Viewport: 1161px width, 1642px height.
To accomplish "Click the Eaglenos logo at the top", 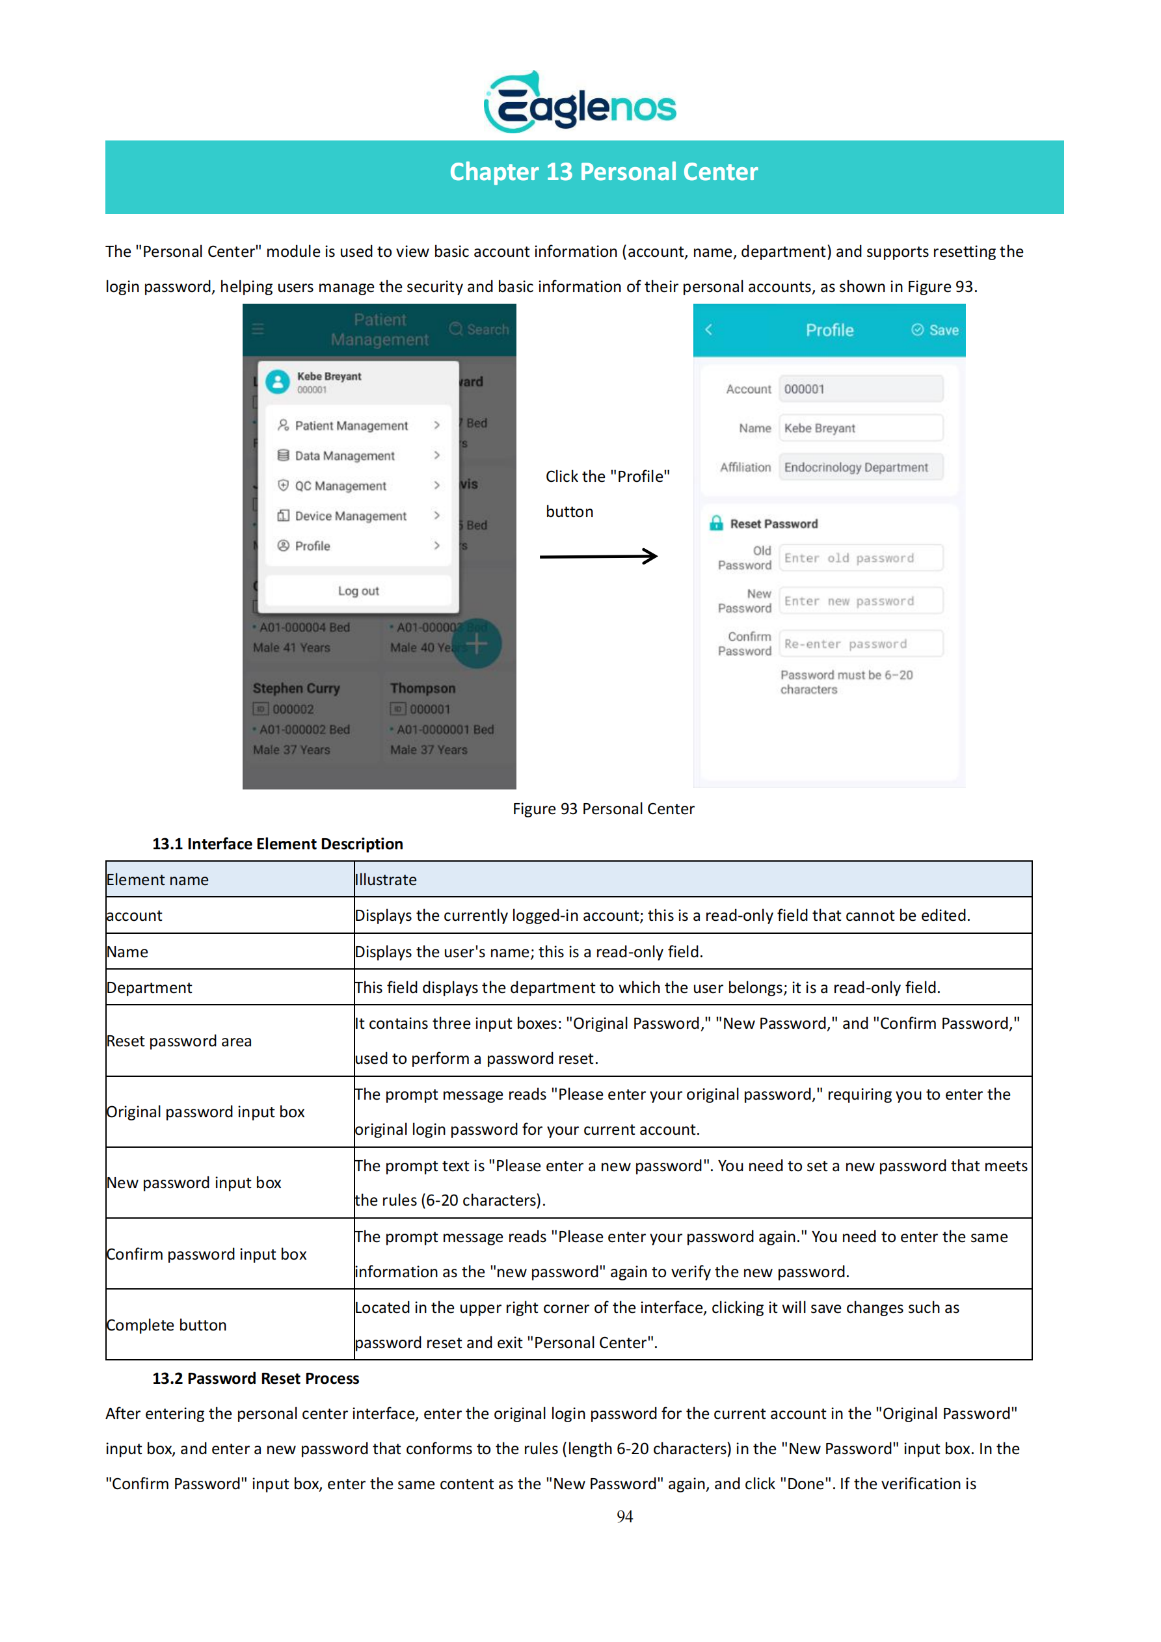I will [580, 103].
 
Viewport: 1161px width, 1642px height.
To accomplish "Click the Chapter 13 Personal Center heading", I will [603, 172].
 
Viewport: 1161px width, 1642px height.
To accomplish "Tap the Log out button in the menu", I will [358, 590].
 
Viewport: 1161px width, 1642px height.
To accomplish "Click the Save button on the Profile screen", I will [935, 330].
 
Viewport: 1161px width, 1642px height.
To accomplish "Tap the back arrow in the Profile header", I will [709, 330].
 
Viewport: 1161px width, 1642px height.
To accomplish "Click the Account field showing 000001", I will [861, 389].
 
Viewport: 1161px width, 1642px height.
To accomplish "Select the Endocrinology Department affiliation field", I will [861, 467].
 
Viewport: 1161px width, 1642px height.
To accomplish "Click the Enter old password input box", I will [861, 558].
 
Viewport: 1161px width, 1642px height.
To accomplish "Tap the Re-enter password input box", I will [861, 644].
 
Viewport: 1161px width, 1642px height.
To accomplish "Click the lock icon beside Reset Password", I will [716, 523].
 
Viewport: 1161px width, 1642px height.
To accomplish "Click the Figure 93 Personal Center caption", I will [603, 809].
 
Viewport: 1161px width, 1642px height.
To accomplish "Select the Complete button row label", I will [167, 1325].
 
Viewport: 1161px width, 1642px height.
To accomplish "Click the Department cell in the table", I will [150, 988].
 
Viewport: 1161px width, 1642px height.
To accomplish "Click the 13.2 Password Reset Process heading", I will [256, 1378].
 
